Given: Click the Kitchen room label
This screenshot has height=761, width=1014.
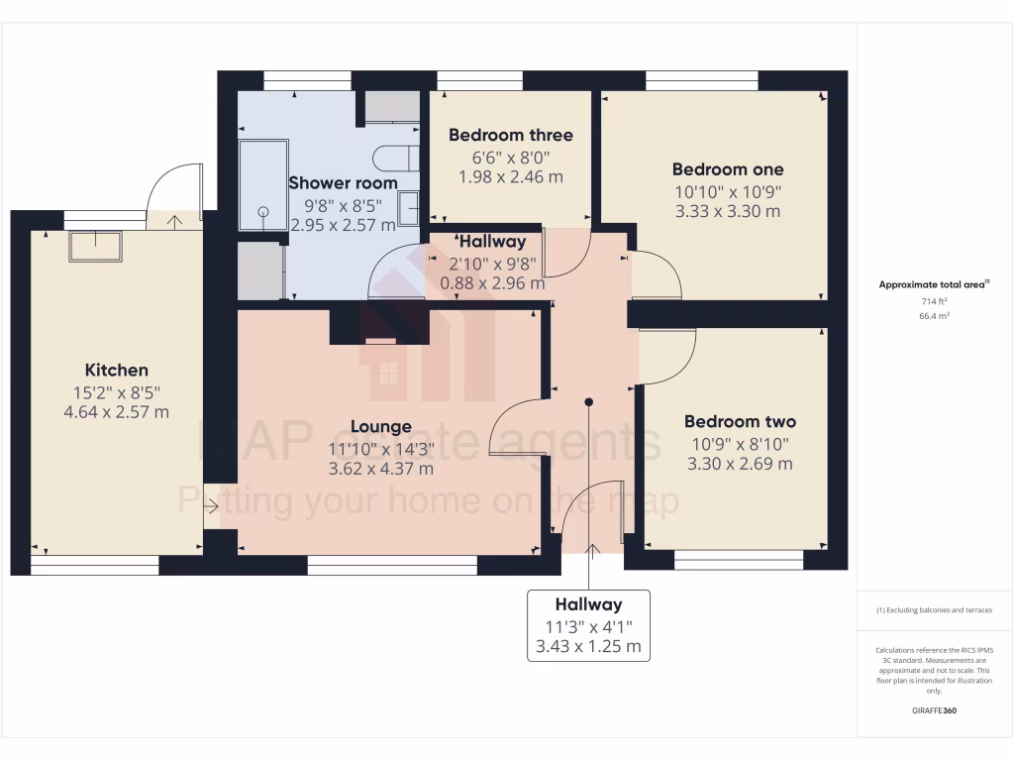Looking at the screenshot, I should pyautogui.click(x=116, y=370).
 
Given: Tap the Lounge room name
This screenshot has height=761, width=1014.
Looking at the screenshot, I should pyautogui.click(x=381, y=427).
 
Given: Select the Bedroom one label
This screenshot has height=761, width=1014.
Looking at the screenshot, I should pyautogui.click(x=727, y=169).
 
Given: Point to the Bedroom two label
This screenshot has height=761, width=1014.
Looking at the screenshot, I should pyautogui.click(x=740, y=421).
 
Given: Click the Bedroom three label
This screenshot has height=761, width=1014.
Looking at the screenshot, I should pyautogui.click(x=510, y=135).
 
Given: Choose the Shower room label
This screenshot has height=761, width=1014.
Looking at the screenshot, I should pyautogui.click(x=343, y=182).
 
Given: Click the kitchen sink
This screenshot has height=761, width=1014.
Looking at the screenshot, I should pyautogui.click(x=95, y=246).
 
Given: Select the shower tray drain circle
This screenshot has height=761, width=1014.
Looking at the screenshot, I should pyautogui.click(x=263, y=211).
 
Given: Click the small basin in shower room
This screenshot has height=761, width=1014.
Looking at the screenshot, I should pyautogui.click(x=408, y=210).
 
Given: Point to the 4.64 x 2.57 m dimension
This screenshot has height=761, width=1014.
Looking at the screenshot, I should pyautogui.click(x=116, y=411).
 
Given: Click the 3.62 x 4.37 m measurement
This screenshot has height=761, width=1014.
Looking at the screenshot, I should pyautogui.click(x=381, y=469).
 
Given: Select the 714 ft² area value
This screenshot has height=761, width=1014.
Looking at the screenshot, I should pyautogui.click(x=935, y=300).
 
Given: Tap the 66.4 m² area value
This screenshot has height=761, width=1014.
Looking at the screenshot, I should pyautogui.click(x=935, y=315).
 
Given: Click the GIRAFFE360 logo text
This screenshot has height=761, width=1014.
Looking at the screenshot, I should pyautogui.click(x=934, y=710).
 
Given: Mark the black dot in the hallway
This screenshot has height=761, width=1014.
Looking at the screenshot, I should pyautogui.click(x=588, y=402).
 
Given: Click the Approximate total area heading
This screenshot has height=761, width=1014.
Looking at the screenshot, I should pyautogui.click(x=934, y=284).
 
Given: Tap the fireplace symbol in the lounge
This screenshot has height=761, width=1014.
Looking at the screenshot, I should pyautogui.click(x=380, y=340).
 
